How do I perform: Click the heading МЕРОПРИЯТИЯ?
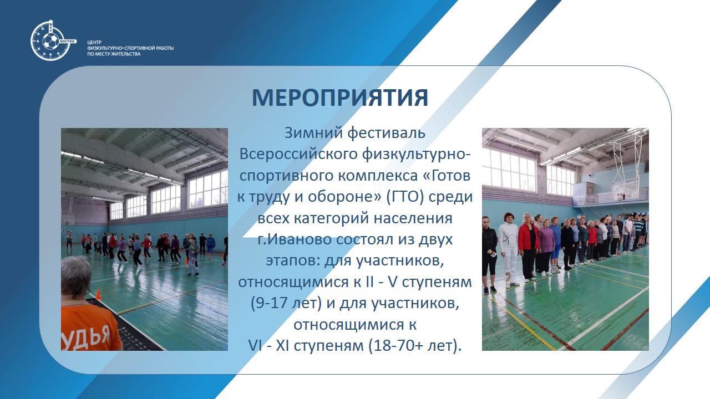340,98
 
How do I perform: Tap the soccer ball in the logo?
50,41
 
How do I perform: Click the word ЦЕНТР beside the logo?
94,43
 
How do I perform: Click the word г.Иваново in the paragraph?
294,239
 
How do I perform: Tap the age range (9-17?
266,303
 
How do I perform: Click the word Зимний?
313,133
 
